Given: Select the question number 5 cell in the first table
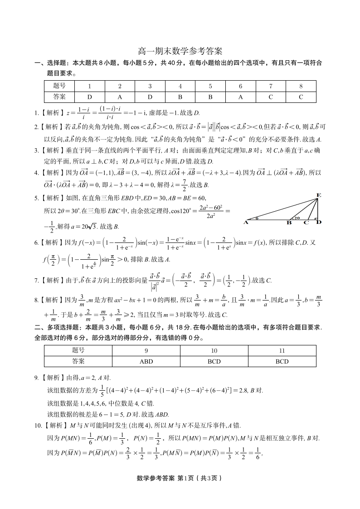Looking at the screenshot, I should point(210,86).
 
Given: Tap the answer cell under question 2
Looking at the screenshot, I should point(120,97).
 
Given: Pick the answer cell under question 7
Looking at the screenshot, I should point(271,97).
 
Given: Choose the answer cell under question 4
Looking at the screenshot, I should point(180,97).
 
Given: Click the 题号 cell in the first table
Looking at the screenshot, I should point(59,86).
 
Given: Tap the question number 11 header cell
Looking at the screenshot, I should point(282,350).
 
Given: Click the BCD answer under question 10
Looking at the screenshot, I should point(214,361).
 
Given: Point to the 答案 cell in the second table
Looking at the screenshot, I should point(78,361).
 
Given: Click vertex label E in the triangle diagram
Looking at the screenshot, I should point(318,195).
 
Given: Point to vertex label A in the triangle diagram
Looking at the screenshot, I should point(246,222).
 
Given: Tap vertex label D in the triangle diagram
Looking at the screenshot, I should point(319,222).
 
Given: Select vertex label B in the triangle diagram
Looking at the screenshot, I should point(289,223).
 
